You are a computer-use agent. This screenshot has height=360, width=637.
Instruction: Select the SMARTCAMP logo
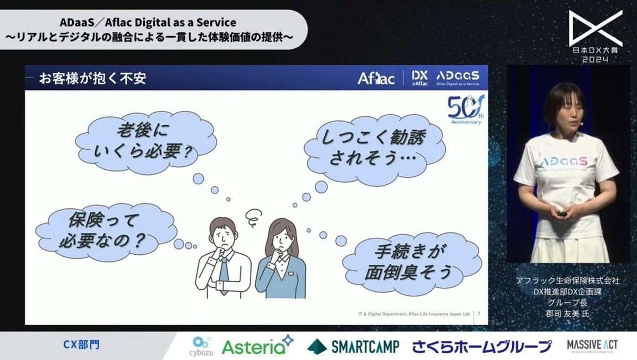point(354,346)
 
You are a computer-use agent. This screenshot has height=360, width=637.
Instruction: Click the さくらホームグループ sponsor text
point(482,347)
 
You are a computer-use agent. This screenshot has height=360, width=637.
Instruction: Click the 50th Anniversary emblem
point(464,110)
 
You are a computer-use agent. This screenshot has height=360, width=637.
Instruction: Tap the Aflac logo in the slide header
point(376,79)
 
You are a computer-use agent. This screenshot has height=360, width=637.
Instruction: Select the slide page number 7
point(479,314)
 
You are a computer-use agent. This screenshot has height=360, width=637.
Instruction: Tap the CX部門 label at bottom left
point(79,345)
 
